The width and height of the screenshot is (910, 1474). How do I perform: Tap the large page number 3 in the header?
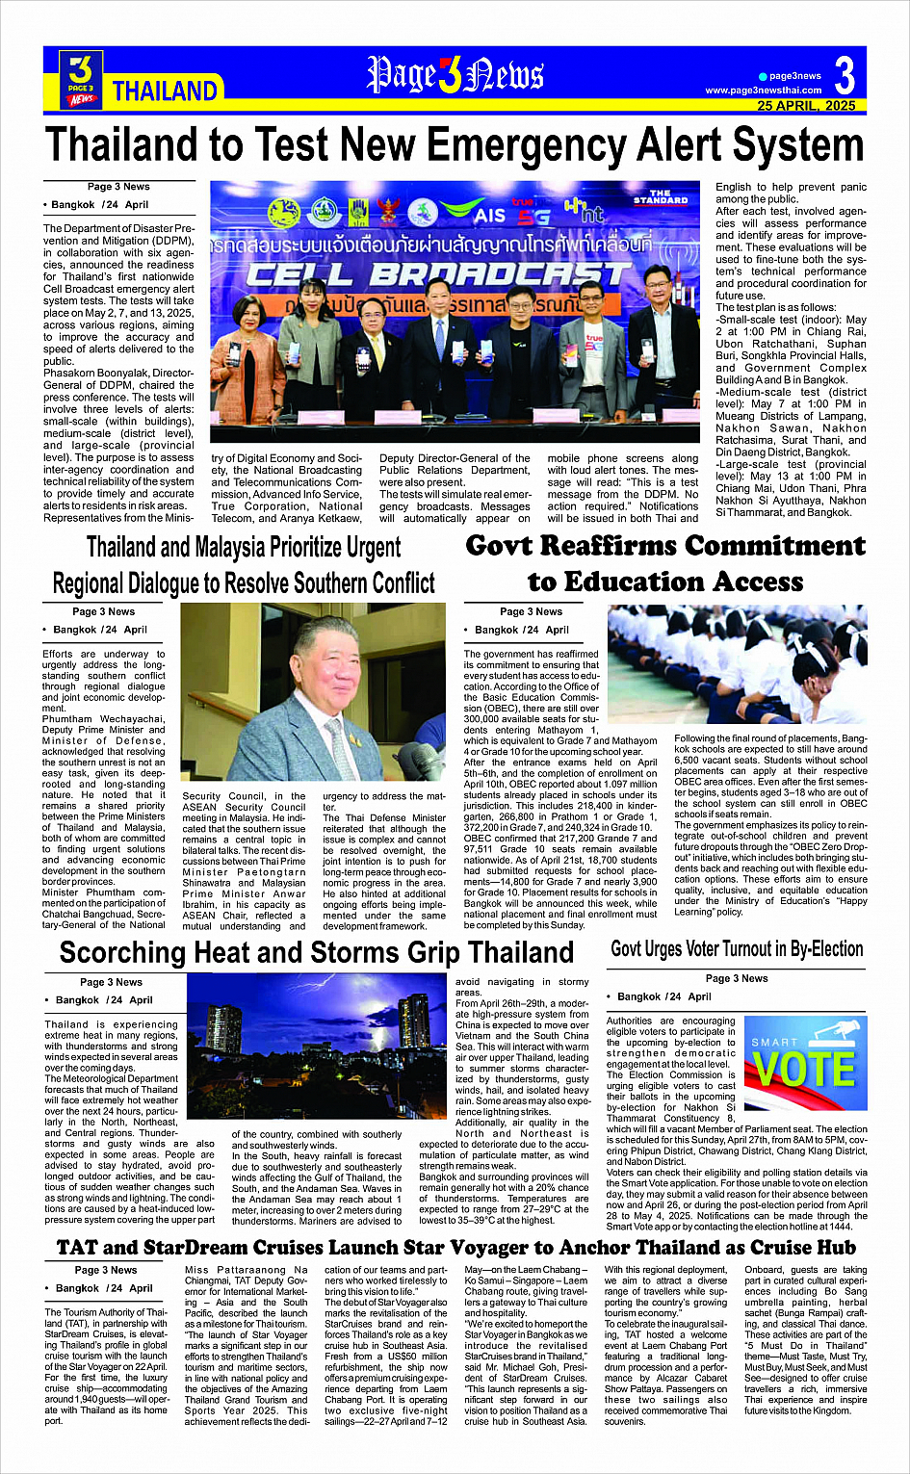point(844,75)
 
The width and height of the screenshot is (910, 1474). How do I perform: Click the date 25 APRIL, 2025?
point(806,106)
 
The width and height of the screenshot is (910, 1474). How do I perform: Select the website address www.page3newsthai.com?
point(763,91)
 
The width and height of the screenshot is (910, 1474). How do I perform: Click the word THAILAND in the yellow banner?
point(165,91)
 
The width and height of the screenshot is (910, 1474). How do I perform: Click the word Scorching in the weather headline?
point(122,953)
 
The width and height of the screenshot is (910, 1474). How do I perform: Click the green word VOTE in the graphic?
point(804,1070)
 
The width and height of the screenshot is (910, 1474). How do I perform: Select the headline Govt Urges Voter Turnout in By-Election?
point(737,949)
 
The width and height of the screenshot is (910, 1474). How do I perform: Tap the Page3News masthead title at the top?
point(455,76)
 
